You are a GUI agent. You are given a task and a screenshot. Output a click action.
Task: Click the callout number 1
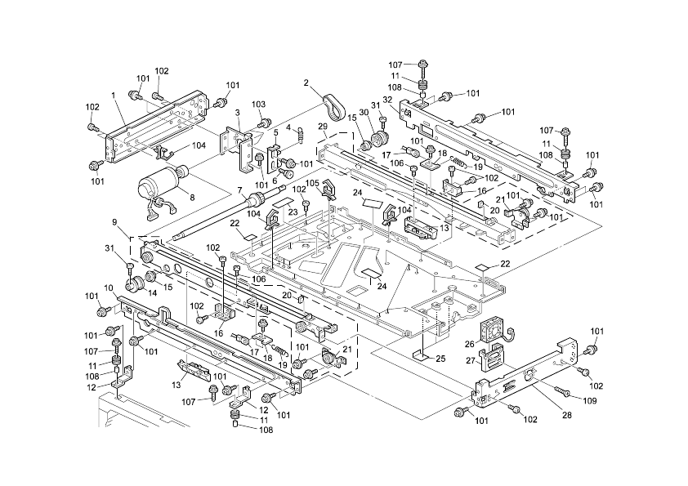click(x=113, y=96)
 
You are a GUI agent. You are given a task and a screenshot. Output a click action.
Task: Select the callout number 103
click(x=259, y=105)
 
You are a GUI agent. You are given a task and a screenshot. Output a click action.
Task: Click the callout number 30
click(x=364, y=113)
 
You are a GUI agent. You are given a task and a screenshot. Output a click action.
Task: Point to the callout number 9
click(x=115, y=222)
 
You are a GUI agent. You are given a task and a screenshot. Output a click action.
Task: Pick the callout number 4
click(x=288, y=127)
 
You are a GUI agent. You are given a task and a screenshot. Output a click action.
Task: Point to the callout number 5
click(x=276, y=132)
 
